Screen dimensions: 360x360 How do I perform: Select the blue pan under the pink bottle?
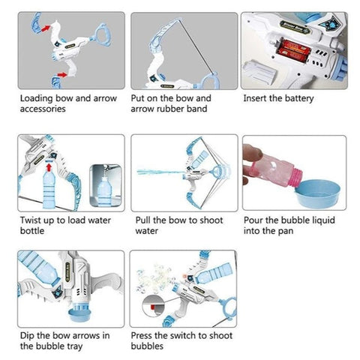(318, 193)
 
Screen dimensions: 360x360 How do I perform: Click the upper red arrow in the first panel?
(46, 28)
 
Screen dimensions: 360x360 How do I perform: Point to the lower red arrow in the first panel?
(62, 74)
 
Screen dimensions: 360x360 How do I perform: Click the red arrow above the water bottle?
(49, 166)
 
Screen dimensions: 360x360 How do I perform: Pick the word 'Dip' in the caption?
(27, 336)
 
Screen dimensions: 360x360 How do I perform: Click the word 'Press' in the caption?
(142, 335)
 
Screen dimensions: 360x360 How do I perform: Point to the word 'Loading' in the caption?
(37, 98)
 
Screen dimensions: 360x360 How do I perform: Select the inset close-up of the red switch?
(153, 305)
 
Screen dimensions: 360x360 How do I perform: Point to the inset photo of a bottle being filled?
(106, 185)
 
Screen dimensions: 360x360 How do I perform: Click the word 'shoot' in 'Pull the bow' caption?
(211, 220)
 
